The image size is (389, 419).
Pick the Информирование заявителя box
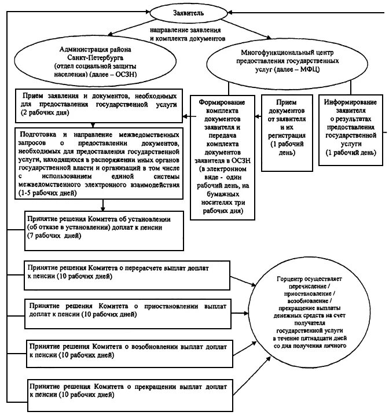pyautogui.click(x=352, y=127)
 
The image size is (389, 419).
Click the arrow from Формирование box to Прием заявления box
pyautogui.click(x=188, y=115)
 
